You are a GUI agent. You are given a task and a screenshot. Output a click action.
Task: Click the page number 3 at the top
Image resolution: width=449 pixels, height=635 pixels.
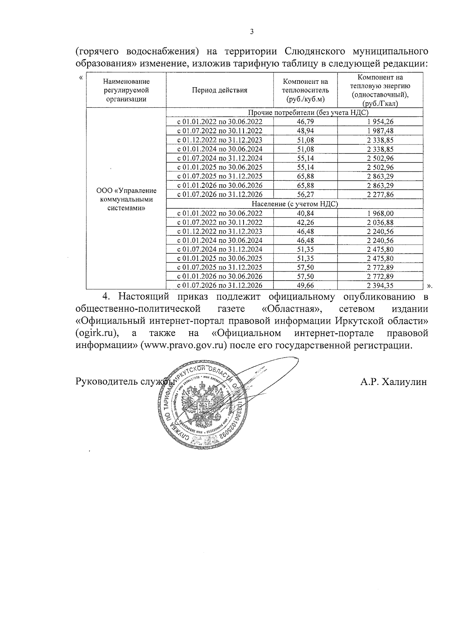pyautogui.click(x=251, y=32)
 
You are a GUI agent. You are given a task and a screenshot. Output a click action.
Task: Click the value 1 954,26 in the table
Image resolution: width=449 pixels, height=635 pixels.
pyautogui.click(x=380, y=122)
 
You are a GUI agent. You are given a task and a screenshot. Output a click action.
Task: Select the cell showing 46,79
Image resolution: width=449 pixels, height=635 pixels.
pyautogui.click(x=305, y=122)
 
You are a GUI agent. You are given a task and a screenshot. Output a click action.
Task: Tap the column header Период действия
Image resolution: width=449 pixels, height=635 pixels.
pyautogui.click(x=220, y=90)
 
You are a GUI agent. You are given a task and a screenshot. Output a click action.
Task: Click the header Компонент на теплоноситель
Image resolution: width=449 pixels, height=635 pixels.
pyautogui.click(x=305, y=90)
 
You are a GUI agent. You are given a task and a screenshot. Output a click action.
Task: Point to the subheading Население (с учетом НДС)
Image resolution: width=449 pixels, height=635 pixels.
pyautogui.click(x=294, y=204)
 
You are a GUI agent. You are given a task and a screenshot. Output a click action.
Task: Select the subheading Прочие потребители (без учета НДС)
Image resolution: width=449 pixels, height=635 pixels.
pyautogui.click(x=294, y=113)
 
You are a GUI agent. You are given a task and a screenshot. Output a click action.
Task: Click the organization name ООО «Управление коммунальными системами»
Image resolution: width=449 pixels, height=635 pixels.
pyautogui.click(x=126, y=199)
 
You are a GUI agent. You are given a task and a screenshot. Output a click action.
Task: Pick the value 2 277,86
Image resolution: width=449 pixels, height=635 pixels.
pyautogui.click(x=380, y=195)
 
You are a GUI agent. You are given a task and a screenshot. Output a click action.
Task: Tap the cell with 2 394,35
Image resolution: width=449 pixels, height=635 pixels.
pyautogui.click(x=380, y=286)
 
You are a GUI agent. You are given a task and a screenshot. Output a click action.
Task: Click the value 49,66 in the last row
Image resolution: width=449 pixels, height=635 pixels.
pyautogui.click(x=305, y=286)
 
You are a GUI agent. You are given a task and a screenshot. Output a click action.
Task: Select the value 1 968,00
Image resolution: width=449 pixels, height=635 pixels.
pyautogui.click(x=380, y=213)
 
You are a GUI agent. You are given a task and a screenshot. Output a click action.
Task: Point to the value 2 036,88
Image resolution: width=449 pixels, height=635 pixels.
pyautogui.click(x=380, y=222)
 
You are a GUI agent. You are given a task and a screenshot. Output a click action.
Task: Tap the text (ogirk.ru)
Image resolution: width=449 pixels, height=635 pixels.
pyautogui.click(x=97, y=333)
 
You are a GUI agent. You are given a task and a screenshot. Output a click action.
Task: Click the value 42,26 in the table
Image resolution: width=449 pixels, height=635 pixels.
pyautogui.click(x=305, y=222)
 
